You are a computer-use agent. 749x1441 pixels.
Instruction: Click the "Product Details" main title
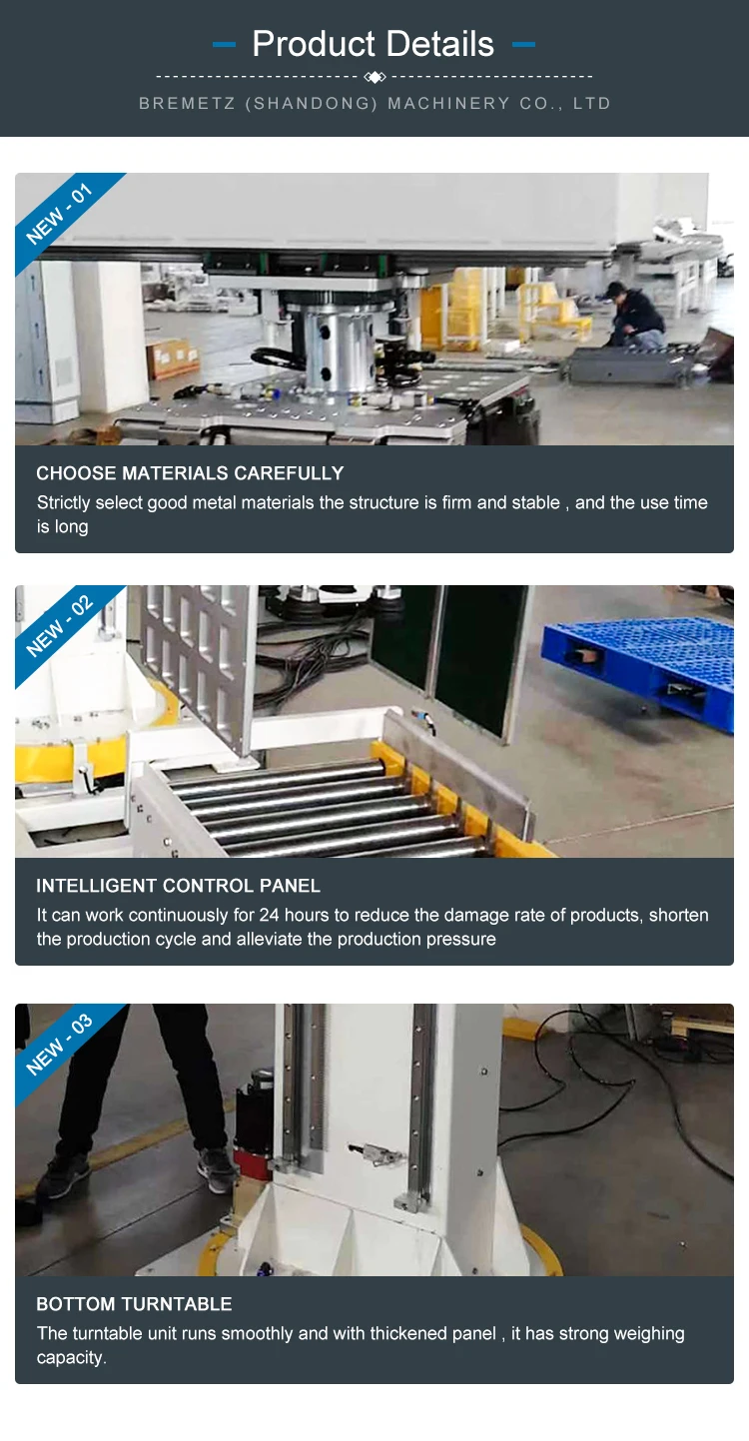click(x=374, y=44)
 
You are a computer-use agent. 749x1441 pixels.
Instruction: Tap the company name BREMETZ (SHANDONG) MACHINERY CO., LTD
click(x=374, y=103)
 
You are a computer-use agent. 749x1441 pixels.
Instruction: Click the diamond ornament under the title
click(x=374, y=77)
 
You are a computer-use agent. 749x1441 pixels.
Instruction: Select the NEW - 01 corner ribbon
click(x=63, y=216)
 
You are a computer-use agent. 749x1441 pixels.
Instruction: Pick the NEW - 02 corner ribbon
click(x=63, y=628)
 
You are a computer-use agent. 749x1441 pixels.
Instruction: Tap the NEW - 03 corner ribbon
click(x=63, y=1046)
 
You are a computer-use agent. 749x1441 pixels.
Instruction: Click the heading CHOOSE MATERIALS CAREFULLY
click(x=190, y=472)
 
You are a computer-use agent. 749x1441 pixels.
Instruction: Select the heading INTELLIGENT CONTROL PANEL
click(x=178, y=885)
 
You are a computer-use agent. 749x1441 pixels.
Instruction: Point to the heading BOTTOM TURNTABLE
click(x=134, y=1304)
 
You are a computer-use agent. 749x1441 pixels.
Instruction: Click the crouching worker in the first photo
click(x=634, y=317)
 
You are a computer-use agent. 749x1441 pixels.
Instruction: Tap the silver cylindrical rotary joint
click(x=341, y=348)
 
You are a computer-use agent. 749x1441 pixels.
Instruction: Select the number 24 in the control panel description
click(x=269, y=915)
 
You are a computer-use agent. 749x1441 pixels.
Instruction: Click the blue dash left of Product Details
click(x=224, y=44)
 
